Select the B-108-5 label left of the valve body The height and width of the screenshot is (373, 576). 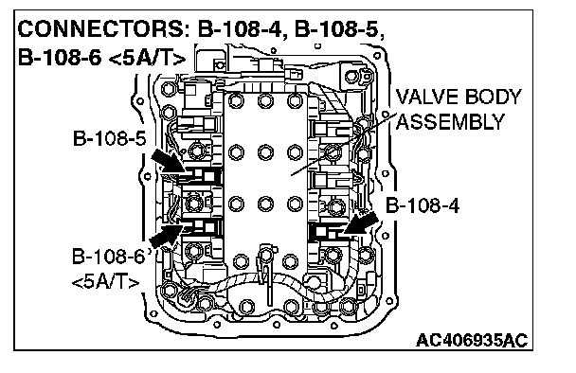click(x=110, y=138)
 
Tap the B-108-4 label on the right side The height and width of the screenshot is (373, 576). click(x=423, y=205)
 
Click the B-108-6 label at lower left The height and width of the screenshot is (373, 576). click(x=108, y=257)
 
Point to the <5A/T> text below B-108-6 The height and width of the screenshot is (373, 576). click(x=106, y=283)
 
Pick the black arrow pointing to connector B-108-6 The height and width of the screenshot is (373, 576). click(x=167, y=235)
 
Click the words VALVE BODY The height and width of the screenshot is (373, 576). click(x=459, y=97)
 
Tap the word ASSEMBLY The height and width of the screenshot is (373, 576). click(x=450, y=122)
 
